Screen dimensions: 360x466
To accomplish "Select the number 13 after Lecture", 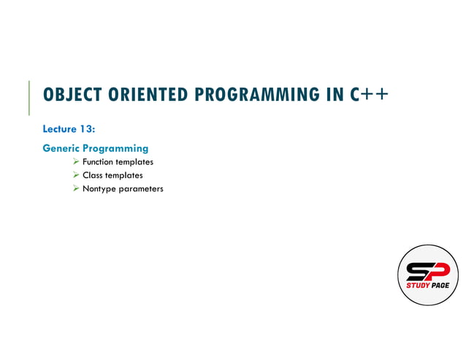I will [x=88, y=129].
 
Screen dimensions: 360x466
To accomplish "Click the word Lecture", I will [x=61, y=129].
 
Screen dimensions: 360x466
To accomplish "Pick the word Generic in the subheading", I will [x=61, y=148].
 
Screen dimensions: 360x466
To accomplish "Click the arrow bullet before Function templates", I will [x=76, y=162].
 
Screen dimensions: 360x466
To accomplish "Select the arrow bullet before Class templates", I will [x=76, y=175].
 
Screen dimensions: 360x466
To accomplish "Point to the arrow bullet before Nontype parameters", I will [x=76, y=188].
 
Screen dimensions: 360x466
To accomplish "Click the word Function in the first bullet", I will [x=98, y=162].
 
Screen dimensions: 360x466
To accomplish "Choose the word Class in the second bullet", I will [x=93, y=175].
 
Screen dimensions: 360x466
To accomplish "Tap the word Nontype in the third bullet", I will [x=99, y=189].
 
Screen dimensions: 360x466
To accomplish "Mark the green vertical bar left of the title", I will [x=29, y=98].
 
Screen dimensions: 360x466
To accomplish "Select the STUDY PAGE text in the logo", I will [x=428, y=286].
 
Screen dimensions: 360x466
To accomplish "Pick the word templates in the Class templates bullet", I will [x=124, y=175].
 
